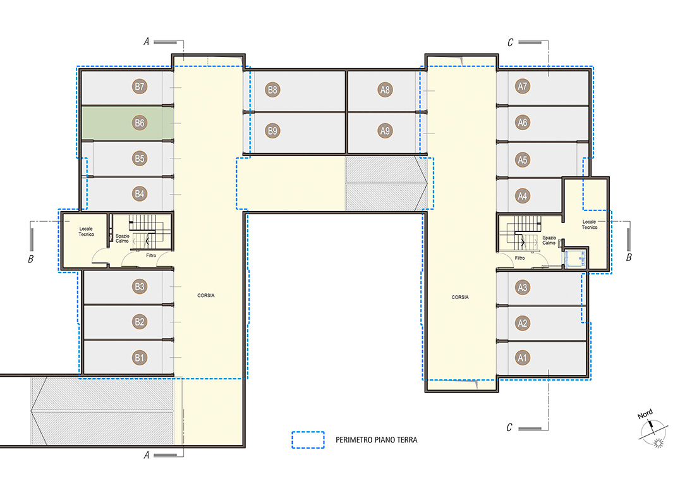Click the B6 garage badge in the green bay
[139, 123]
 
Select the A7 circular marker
[523, 87]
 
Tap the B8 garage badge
[272, 90]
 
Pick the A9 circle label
[385, 130]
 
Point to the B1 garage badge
[139, 358]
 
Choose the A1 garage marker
[523, 358]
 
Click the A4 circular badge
[523, 196]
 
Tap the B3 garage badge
[139, 286]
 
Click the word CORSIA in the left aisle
[206, 295]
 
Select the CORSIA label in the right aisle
[460, 297]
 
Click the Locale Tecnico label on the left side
[86, 231]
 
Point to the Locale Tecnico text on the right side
[590, 224]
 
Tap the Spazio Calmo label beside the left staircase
[123, 238]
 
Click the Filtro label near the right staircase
[519, 258]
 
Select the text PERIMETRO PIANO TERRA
[377, 440]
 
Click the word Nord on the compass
[645, 414]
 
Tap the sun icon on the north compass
[659, 443]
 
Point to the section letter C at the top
[511, 42]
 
